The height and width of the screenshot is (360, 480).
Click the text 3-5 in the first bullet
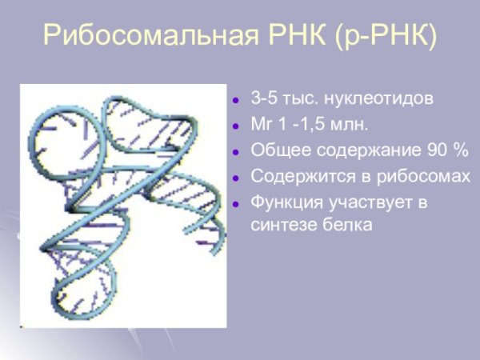264,100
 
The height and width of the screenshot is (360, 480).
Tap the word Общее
276,151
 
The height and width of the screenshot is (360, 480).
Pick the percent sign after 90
460,151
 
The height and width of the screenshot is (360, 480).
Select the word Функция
286,202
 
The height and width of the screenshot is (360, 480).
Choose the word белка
345,226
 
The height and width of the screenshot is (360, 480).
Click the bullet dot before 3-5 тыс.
236,102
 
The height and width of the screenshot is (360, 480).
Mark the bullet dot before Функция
236,204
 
